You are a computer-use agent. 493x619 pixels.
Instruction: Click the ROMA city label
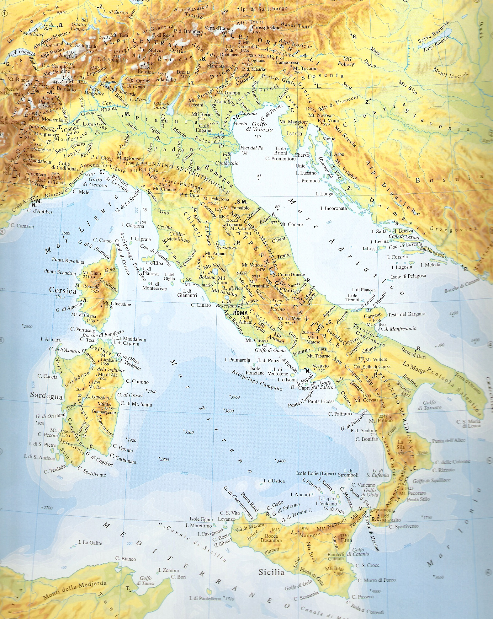tap(240, 313)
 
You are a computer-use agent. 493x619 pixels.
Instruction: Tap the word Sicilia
tap(271, 572)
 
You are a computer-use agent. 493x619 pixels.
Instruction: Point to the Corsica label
tap(63, 290)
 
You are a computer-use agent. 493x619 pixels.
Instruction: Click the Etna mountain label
tap(346, 541)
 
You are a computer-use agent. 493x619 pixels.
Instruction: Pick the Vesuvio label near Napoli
tap(321, 366)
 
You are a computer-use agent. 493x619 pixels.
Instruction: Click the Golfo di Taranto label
tap(429, 405)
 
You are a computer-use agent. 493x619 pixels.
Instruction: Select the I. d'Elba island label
tap(154, 263)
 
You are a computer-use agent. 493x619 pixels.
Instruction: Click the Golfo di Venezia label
tap(259, 126)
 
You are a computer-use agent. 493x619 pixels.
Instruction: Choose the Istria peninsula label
tap(294, 133)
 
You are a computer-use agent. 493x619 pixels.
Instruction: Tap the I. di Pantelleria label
tap(205, 598)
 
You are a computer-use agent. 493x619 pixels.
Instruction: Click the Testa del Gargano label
tap(406, 314)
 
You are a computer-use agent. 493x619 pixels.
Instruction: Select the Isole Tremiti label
tap(352, 298)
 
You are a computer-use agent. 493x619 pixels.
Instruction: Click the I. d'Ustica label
tap(274, 481)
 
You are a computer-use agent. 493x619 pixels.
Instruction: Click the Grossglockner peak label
tap(267, 28)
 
